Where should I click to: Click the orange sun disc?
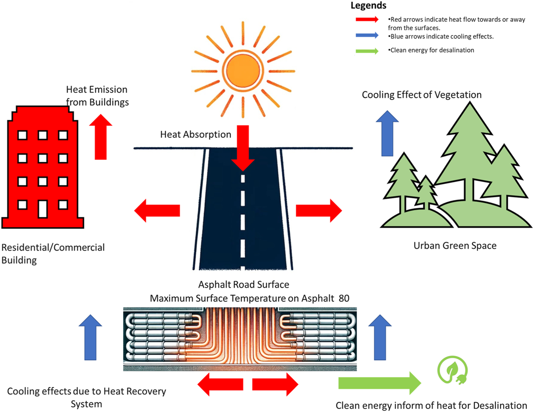click(x=243, y=71)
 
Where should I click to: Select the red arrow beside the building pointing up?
click(x=101, y=137)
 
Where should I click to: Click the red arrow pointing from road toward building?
click(x=157, y=211)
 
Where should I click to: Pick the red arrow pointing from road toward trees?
click(x=319, y=211)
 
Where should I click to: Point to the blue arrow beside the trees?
click(x=387, y=134)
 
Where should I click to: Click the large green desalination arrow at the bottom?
click(x=380, y=383)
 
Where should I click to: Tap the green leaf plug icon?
click(x=452, y=370)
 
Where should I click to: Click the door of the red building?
click(x=43, y=209)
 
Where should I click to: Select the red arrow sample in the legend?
click(x=367, y=20)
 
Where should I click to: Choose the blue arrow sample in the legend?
click(x=367, y=35)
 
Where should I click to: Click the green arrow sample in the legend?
click(x=367, y=51)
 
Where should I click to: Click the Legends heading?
click(x=368, y=6)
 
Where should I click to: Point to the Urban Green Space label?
click(x=455, y=246)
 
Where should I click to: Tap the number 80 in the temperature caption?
click(x=344, y=298)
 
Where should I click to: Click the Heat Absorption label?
click(x=196, y=134)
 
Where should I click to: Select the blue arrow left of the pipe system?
click(x=90, y=337)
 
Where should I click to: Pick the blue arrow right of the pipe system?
click(x=380, y=337)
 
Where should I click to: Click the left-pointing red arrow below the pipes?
click(x=221, y=384)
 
